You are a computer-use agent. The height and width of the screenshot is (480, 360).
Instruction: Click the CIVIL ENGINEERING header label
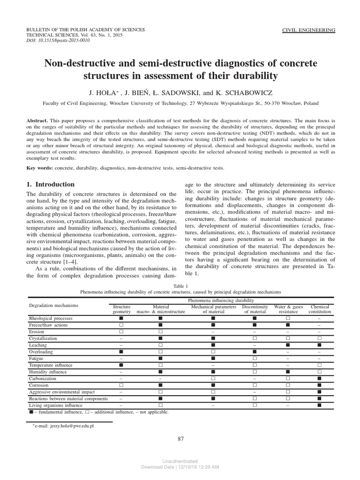308,30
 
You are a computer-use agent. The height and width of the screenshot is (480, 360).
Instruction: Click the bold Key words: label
40,168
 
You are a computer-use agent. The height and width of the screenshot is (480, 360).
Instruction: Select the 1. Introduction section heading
51,184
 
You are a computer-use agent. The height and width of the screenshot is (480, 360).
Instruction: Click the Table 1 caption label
180,285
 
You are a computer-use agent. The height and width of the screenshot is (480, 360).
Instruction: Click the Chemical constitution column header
320,309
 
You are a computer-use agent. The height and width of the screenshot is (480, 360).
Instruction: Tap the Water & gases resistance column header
288,309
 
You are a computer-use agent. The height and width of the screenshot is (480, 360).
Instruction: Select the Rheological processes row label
51,318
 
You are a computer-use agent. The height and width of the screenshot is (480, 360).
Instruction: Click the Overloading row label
41,352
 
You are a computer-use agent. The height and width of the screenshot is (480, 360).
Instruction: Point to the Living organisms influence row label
56,405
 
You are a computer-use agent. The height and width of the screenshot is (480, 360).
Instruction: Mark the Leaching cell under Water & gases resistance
288,345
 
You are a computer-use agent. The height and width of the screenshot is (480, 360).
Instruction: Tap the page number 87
180,439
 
